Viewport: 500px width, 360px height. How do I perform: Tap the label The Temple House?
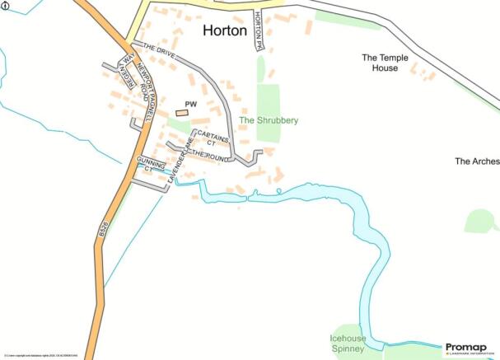pos(381,63)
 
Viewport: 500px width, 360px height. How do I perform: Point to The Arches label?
pos(476,161)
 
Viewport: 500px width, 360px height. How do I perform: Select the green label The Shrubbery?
pos(269,120)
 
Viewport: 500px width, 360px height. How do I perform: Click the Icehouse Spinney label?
pos(348,344)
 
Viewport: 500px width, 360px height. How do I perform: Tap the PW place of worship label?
pos(190,104)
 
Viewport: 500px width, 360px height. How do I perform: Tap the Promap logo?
pos(470,349)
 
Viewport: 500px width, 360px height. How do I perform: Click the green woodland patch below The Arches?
pos(481,221)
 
